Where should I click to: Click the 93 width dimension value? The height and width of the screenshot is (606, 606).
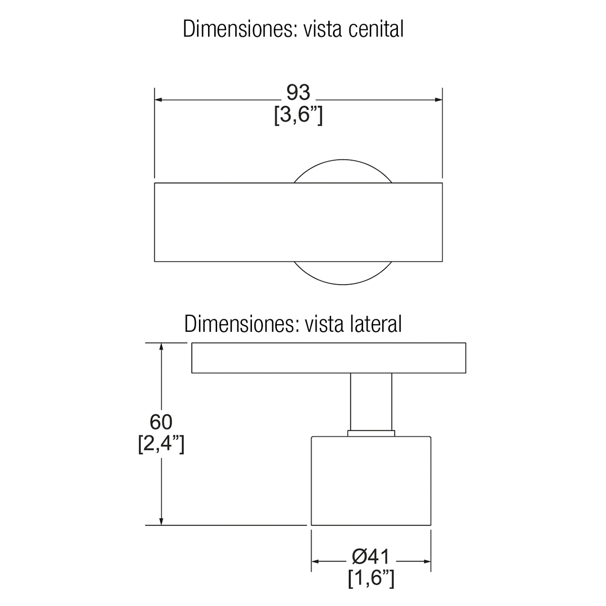click(x=298, y=93)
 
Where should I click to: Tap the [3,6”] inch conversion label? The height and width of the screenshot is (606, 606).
click(x=298, y=116)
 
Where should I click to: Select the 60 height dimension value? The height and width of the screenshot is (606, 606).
click(x=161, y=422)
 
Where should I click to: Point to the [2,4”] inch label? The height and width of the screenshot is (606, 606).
click(x=161, y=445)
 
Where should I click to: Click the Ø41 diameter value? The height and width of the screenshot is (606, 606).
click(x=371, y=557)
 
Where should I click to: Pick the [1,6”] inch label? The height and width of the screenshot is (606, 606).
click(x=371, y=579)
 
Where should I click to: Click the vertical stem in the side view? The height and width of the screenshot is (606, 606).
click(x=371, y=401)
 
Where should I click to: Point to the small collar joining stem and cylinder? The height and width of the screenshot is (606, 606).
click(x=371, y=432)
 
